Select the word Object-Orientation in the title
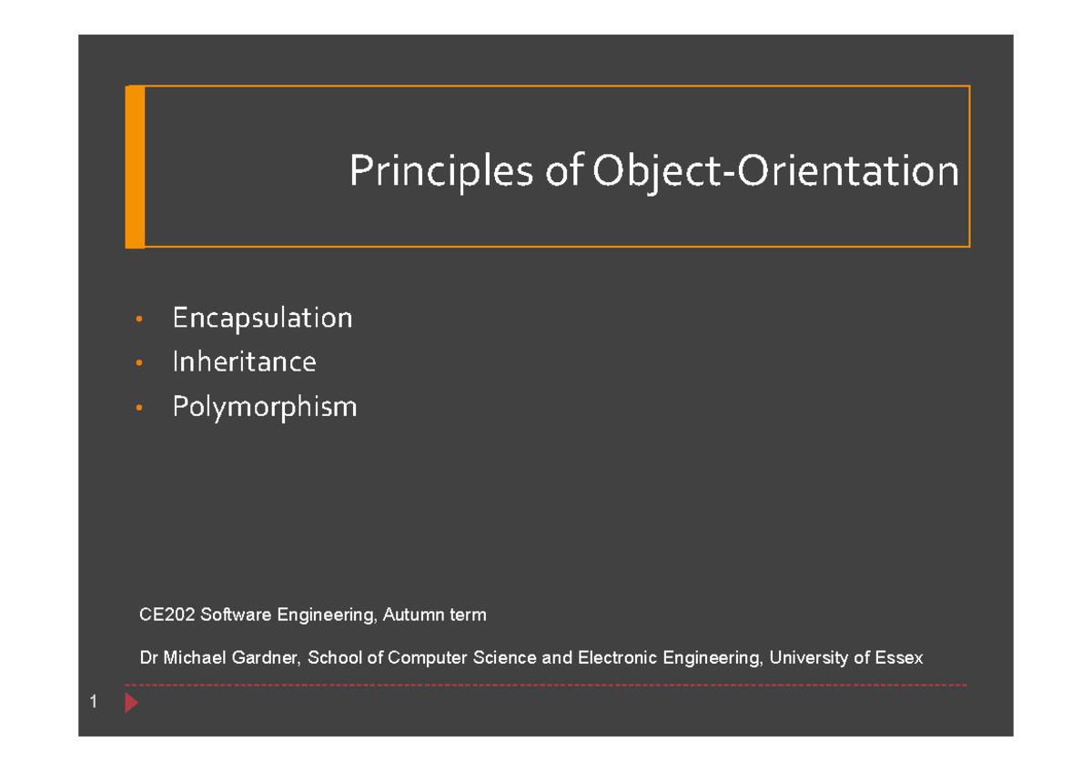[775, 172]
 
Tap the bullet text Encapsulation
[262, 318]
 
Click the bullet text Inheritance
[244, 361]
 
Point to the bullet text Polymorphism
[265, 406]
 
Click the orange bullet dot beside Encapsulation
[138, 320]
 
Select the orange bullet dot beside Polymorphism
[138, 408]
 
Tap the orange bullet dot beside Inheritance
[138, 363]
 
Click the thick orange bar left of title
[136, 167]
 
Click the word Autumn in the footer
[408, 615]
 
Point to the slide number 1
[93, 703]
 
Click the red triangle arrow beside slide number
[131, 703]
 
